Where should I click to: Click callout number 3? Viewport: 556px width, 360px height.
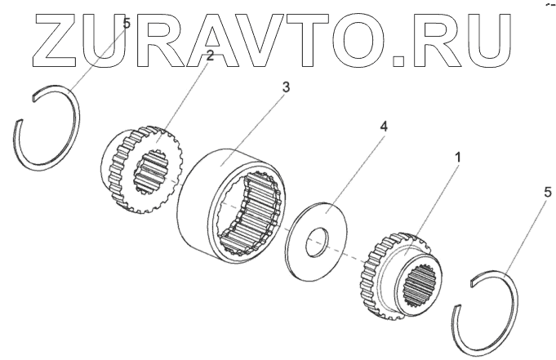[x=285, y=87]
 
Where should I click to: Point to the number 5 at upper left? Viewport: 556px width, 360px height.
[x=126, y=24]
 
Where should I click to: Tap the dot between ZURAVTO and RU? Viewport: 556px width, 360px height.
[x=398, y=58]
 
